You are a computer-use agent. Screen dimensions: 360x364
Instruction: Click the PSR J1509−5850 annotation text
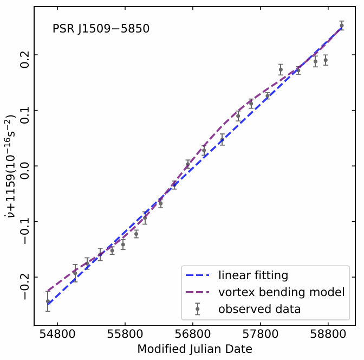click(101, 29)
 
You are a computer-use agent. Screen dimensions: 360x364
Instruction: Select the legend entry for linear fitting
click(253, 275)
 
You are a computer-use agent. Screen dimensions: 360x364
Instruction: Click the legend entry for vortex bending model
click(281, 292)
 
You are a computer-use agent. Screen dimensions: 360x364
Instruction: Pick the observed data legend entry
click(259, 309)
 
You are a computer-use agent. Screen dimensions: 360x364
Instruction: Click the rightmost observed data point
click(341, 25)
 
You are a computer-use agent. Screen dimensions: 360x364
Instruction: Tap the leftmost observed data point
click(48, 301)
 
